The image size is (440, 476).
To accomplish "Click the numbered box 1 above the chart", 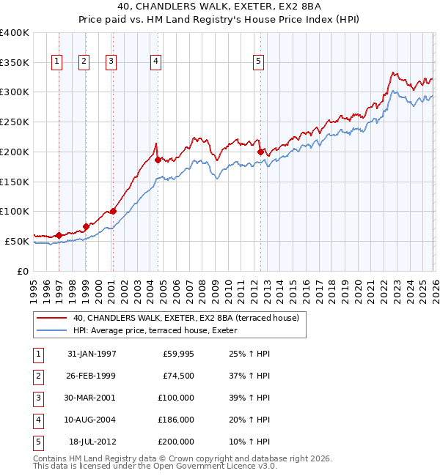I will (57, 62).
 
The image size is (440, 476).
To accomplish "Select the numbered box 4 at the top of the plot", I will (156, 62).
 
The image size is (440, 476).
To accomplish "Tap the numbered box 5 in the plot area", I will (259, 62).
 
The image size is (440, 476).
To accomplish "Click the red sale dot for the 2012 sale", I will (260, 152).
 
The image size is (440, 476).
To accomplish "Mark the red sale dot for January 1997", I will (59, 235).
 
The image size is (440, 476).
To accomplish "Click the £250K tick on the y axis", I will (15, 122).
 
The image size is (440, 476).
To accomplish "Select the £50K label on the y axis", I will (17, 241).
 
